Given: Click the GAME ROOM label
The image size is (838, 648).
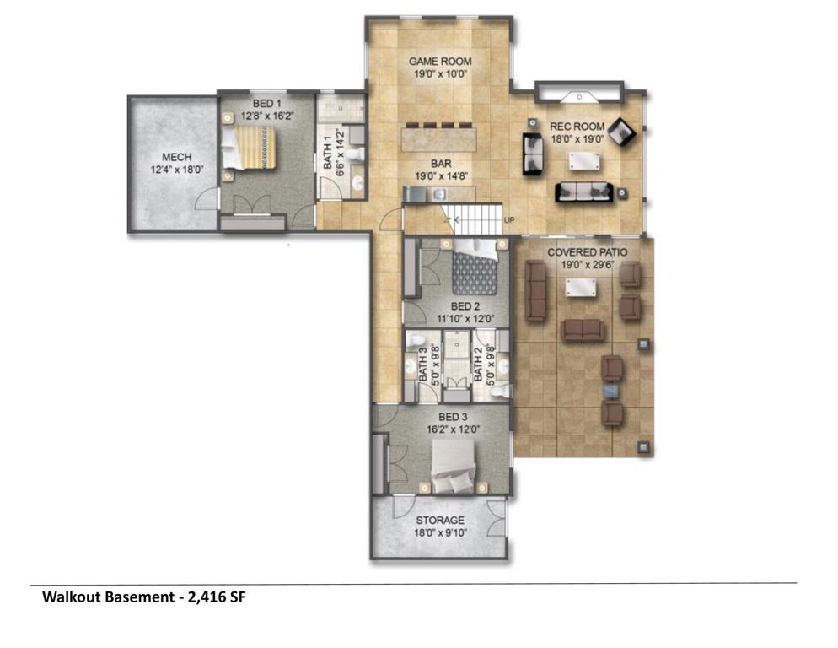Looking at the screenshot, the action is point(440,62).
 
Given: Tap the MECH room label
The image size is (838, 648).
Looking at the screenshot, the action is point(176,157).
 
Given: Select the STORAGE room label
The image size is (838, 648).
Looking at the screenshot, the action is point(440,520).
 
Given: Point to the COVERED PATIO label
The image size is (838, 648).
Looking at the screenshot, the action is point(587,252).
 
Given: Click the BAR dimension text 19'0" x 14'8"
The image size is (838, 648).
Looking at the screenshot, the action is point(441,176).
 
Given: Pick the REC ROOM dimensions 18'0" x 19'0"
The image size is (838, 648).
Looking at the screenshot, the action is point(577,139).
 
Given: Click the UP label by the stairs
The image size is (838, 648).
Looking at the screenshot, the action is point(509,220).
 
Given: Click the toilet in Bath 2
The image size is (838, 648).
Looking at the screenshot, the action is point(500,391).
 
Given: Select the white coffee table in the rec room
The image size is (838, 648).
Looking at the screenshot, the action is point(583,160).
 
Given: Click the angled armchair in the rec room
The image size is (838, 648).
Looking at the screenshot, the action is point(622,131).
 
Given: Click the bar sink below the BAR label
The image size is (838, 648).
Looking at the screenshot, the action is point(439,194).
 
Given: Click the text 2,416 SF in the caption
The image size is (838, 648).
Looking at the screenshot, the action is point(217,597).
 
